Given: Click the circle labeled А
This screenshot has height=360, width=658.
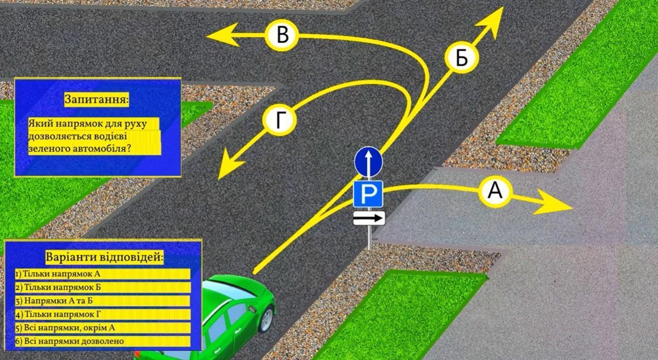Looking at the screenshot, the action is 495,191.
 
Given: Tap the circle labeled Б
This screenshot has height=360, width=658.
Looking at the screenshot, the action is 462,57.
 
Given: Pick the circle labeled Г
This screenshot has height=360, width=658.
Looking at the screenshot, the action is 279,119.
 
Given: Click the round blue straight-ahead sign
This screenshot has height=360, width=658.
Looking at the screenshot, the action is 368,162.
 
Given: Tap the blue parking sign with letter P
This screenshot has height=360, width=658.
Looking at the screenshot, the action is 368,194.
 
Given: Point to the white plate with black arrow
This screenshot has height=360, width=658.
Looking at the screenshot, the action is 369,218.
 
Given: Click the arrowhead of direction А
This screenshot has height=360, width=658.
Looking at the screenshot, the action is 553,202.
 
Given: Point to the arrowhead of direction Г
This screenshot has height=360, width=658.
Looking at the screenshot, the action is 230,165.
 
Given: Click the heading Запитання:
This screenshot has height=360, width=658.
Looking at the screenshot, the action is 96,99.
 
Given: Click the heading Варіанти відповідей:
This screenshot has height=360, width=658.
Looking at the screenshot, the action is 104,258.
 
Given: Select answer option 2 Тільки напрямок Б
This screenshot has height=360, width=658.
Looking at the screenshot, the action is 58,287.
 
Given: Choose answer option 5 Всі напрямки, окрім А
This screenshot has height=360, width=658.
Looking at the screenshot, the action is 65,328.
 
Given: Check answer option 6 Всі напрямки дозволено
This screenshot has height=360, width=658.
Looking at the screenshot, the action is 69,341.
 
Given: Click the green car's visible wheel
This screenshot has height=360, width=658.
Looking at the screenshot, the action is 267,320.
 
